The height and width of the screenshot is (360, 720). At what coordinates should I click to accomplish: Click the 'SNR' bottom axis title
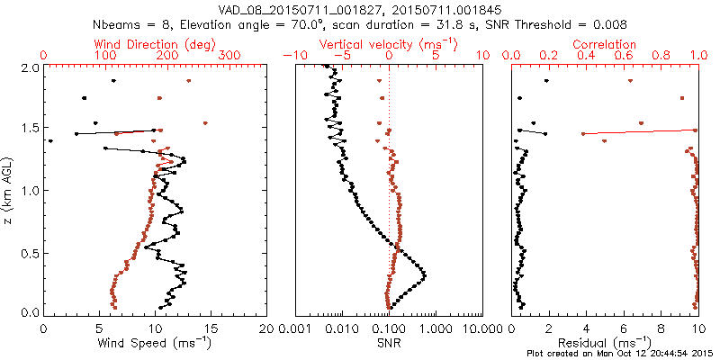click(389, 342)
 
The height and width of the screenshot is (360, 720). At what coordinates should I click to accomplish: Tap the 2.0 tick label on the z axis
click(29, 67)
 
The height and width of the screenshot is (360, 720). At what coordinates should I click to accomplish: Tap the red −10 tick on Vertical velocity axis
click(293, 56)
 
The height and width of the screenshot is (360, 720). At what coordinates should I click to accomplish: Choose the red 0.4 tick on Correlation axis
click(586, 56)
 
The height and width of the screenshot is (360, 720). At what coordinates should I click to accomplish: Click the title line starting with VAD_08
click(360, 9)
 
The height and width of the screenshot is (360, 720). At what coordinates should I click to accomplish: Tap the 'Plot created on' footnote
click(620, 354)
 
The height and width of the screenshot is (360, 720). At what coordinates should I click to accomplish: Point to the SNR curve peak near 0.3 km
click(424, 274)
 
